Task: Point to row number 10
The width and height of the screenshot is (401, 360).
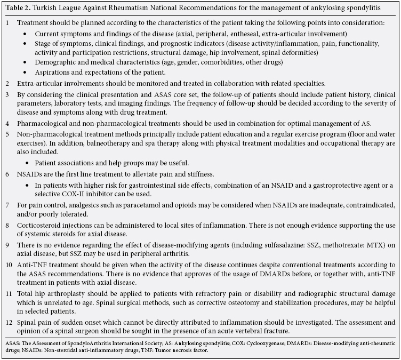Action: pyautogui.click(x=9, y=265)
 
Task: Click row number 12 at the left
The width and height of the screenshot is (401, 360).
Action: pyautogui.click(x=9, y=322)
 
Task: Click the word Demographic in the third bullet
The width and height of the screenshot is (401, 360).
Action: pyautogui.click(x=57, y=62)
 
